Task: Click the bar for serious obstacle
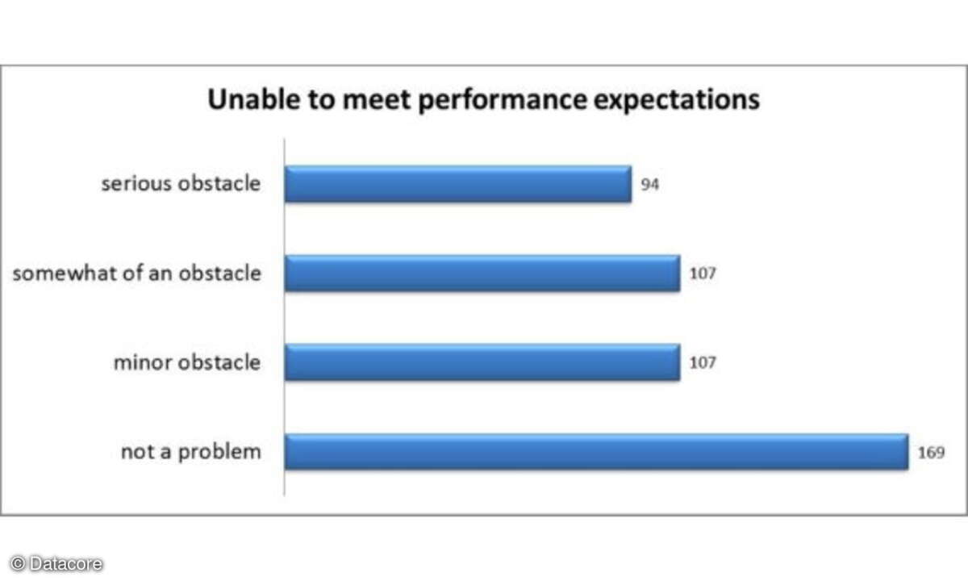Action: [458, 184]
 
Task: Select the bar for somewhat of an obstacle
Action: [482, 274]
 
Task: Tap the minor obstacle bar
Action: [482, 362]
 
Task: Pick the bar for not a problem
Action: [596, 452]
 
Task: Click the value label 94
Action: [650, 185]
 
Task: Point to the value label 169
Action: [931, 453]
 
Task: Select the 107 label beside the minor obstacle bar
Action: [703, 362]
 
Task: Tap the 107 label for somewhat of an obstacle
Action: [703, 274]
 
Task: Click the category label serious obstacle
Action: [181, 184]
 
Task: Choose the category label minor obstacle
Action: [187, 362]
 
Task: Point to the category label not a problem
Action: [191, 453]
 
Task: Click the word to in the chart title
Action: [322, 100]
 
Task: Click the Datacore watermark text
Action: [66, 564]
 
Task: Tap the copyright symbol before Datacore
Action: [18, 564]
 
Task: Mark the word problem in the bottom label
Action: [220, 453]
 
